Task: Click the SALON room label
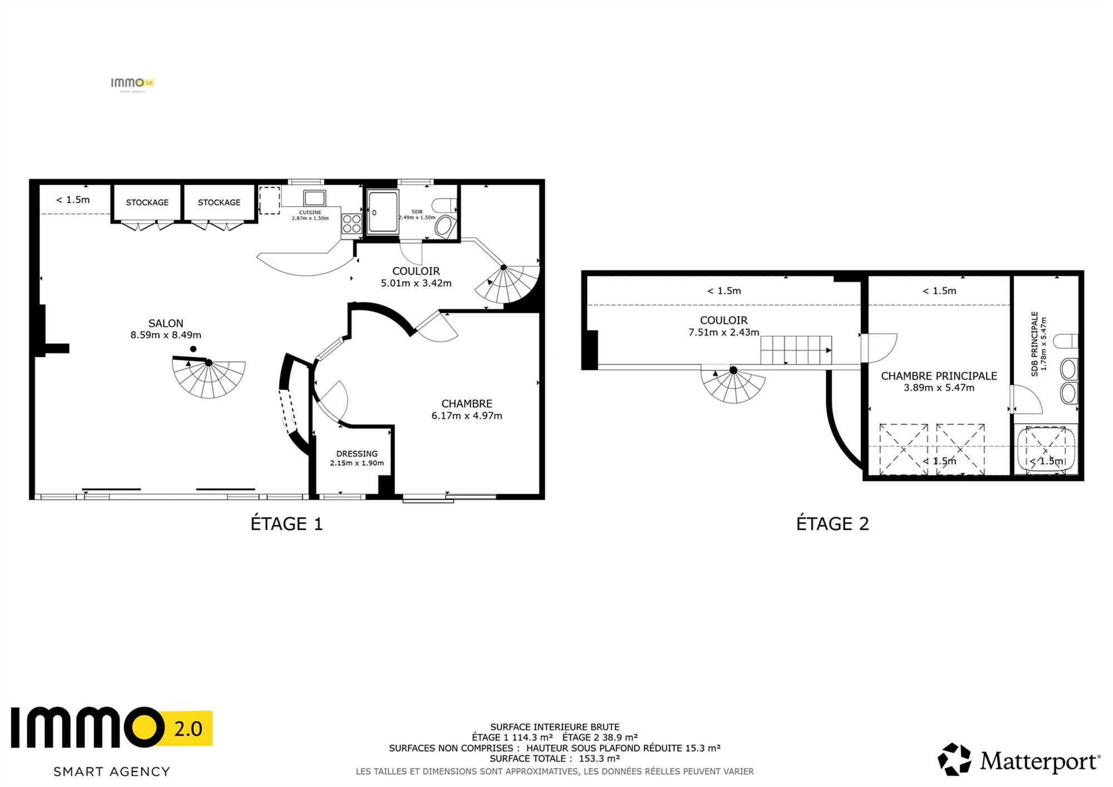[166, 323]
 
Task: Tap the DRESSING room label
[357, 454]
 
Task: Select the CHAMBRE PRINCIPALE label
[939, 376]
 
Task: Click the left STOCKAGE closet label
[147, 203]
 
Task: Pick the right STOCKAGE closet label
[219, 203]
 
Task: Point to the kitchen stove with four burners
[352, 223]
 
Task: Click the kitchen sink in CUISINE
[314, 198]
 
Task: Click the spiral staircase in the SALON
[209, 376]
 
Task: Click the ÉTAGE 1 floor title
[287, 524]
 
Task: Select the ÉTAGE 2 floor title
[833, 524]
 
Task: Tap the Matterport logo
[1019, 760]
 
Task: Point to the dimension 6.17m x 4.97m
[467, 416]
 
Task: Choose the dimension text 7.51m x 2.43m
[724, 332]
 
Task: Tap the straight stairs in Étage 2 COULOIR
[796, 350]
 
